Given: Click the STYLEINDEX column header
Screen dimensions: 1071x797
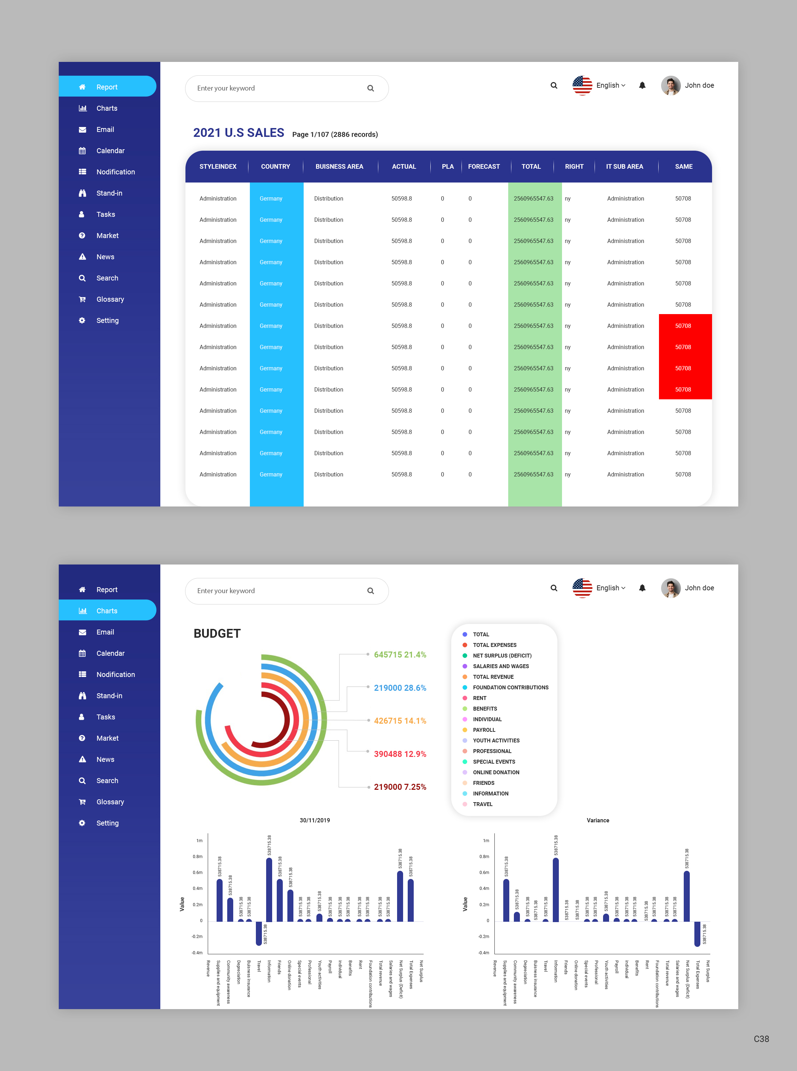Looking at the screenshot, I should click(218, 166).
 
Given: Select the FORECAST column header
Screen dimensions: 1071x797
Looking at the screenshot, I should click(483, 166).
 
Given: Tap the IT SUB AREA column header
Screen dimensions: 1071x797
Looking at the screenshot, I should click(624, 166).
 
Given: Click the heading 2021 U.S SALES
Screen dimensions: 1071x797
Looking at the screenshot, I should click(238, 133).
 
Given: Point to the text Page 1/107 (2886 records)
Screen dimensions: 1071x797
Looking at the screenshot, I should click(335, 134).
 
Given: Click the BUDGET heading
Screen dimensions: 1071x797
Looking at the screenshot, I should click(217, 633).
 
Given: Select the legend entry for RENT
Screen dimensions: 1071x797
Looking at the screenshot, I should click(479, 698).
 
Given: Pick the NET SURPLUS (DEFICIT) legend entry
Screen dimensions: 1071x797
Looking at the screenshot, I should click(502, 655).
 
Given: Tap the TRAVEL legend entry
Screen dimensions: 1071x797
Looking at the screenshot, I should click(482, 804).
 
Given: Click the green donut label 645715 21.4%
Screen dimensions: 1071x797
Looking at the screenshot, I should click(400, 654).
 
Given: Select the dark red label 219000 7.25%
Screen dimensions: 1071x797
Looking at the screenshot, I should click(400, 787).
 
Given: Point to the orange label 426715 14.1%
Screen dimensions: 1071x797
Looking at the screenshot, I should click(400, 720).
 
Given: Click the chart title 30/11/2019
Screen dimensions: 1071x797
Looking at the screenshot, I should click(315, 820).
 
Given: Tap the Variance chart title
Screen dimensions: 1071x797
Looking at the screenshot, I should click(597, 820).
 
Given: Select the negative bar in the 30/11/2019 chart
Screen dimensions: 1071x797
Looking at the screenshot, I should click(259, 933).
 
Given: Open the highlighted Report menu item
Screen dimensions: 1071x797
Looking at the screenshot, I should click(107, 87).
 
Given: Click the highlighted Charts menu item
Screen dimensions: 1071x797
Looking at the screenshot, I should click(107, 610).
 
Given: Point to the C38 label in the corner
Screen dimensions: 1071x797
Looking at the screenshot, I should click(761, 1039).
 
